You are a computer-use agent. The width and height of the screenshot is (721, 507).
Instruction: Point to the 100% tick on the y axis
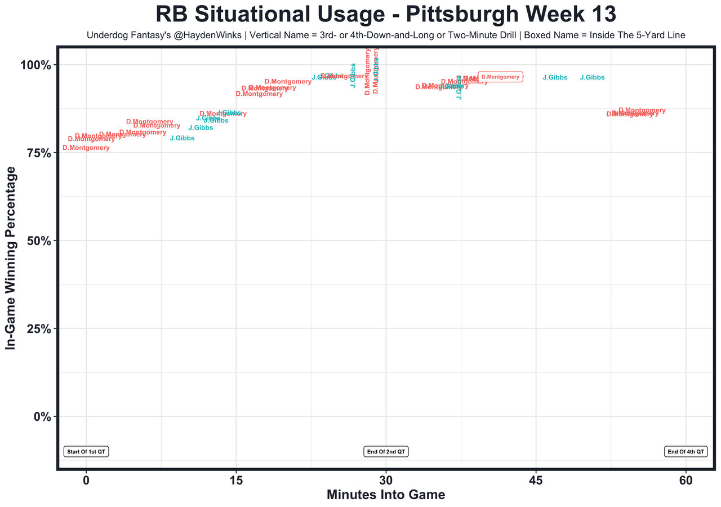[x=36, y=65]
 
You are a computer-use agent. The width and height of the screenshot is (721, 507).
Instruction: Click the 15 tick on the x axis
[x=236, y=481]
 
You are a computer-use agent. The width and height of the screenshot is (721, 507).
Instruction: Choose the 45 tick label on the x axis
[x=536, y=481]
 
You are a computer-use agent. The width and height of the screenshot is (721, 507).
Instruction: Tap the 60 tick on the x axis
[x=686, y=481]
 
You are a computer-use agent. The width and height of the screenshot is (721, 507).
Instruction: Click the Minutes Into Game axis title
[x=386, y=495]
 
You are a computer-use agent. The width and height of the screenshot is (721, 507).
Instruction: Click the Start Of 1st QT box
[x=86, y=451]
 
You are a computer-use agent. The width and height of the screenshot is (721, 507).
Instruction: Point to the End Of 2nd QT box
[x=386, y=451]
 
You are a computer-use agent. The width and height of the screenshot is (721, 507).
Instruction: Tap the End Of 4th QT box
[x=686, y=451]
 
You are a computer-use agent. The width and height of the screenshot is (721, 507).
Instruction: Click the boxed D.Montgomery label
[x=500, y=77]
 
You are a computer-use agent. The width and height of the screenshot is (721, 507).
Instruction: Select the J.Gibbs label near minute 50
[x=592, y=77]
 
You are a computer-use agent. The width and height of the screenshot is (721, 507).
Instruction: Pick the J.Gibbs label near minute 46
[x=555, y=77]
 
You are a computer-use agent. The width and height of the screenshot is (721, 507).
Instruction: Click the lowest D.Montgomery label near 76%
[x=86, y=148]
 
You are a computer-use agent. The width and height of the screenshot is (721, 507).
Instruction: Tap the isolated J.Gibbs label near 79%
[x=182, y=138]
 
